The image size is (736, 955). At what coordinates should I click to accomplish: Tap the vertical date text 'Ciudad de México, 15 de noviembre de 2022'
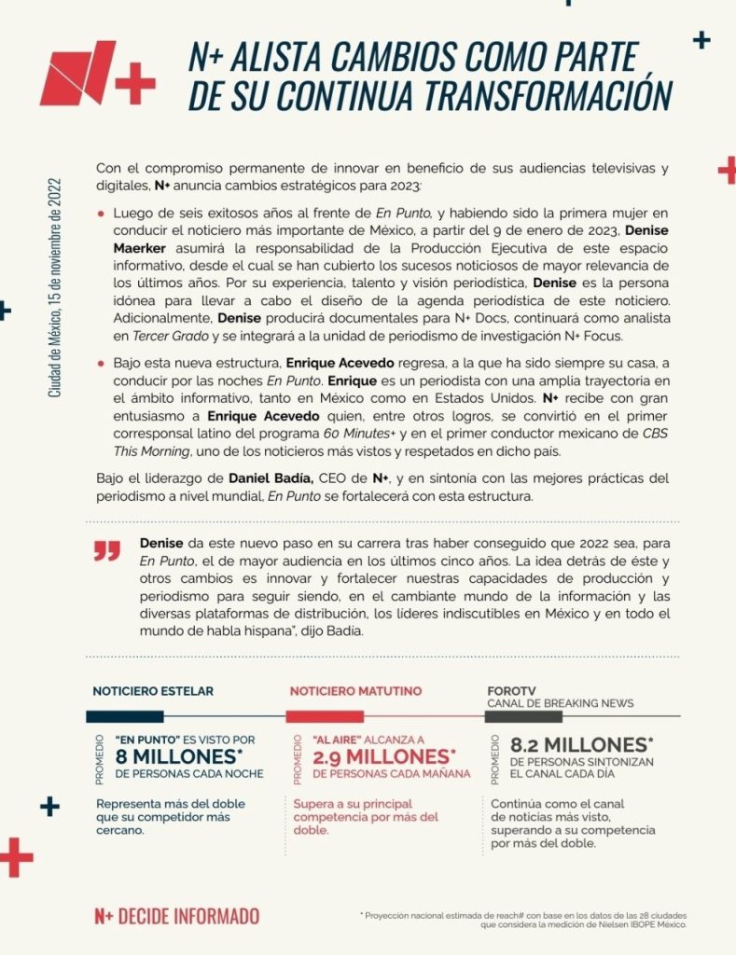pyautogui.click(x=55, y=288)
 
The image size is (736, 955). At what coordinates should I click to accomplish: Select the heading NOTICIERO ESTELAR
pyautogui.click(x=153, y=691)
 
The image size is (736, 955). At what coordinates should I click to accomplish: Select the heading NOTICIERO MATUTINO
pyautogui.click(x=355, y=691)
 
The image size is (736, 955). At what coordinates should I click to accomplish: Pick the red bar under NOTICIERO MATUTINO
pyautogui.click(x=325, y=716)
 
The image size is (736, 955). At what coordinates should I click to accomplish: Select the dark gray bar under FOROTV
pyautogui.click(x=523, y=716)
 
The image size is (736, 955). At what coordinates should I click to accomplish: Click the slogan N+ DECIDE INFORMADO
pyautogui.click(x=176, y=916)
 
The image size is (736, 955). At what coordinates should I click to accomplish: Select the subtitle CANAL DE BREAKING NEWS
pyautogui.click(x=560, y=703)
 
